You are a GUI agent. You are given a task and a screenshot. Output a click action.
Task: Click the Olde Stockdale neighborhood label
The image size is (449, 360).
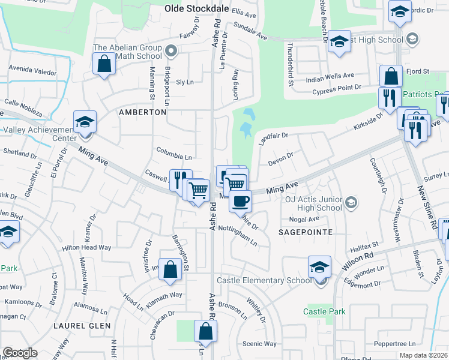[x=196, y=8]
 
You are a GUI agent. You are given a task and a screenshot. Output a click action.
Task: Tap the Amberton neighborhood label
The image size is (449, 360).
[x=142, y=112]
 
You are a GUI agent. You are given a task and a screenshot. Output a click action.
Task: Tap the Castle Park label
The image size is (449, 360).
[x=324, y=311]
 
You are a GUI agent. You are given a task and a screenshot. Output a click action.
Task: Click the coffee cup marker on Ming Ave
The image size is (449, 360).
[x=240, y=202]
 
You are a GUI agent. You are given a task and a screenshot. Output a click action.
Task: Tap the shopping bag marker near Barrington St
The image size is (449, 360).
[x=170, y=270]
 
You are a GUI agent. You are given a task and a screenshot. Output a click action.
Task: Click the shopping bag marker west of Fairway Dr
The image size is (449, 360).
[x=104, y=63]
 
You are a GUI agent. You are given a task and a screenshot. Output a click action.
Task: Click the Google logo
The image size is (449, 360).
[x=20, y=353]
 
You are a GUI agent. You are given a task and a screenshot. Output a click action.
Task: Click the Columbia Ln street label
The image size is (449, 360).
[x=173, y=154]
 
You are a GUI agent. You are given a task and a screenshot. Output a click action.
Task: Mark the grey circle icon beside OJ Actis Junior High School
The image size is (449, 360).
[x=352, y=203]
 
